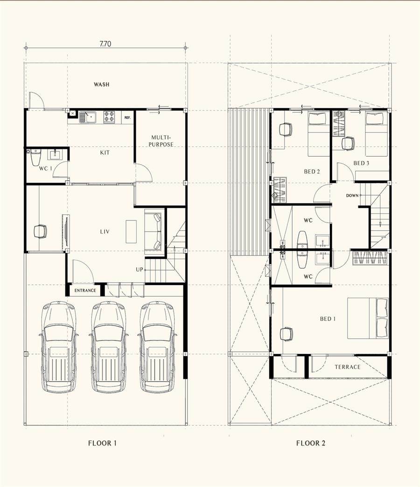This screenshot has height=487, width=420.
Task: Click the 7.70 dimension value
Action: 105,44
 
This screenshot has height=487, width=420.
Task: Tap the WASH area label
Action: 102,84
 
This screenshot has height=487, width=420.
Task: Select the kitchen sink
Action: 88,117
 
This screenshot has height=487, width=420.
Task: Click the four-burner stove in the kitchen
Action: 109,117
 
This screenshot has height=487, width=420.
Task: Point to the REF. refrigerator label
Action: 127,118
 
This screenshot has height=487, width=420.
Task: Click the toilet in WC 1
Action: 36,157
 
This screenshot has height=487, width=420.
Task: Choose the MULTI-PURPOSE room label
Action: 161,141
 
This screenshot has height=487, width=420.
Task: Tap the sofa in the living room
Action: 154,232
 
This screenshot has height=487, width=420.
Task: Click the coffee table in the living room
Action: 131,231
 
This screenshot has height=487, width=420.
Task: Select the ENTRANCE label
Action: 85,291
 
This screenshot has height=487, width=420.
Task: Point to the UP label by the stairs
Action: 140,270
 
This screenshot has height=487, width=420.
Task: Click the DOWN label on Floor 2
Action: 352,195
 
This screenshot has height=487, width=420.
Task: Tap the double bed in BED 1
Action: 368,318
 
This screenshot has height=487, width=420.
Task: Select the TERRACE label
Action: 348,367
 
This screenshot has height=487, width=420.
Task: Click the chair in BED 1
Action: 286,334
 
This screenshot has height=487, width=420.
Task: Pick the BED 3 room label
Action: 361,163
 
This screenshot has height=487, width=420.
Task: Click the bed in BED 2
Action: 317,134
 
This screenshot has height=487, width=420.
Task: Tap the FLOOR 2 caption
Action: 311,443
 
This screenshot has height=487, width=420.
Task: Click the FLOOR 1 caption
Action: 102,443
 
